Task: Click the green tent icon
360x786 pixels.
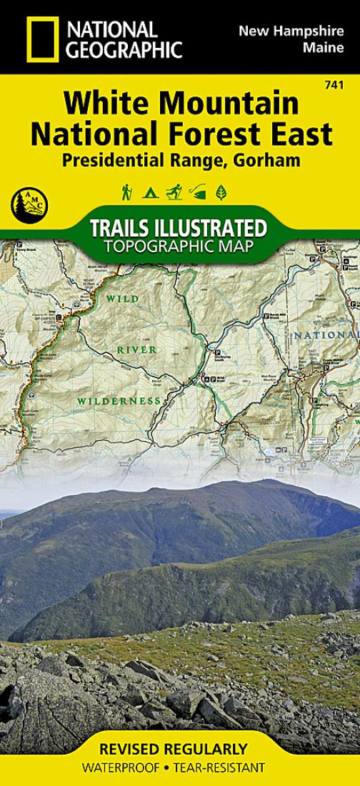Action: [150, 192]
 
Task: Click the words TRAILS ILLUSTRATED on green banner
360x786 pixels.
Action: [179, 229]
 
